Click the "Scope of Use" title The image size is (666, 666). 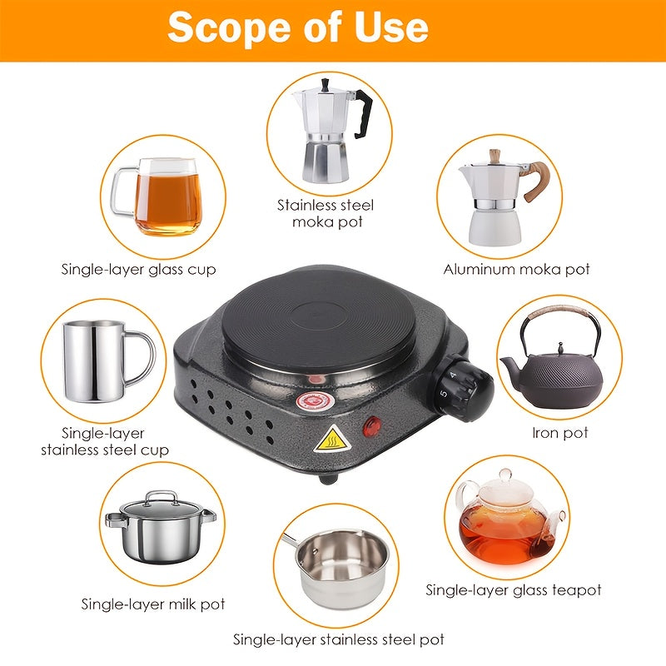298,27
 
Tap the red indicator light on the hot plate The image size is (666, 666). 371,426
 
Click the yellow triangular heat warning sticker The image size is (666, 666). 332,439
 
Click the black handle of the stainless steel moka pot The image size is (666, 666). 363,114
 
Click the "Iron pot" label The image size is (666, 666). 559,433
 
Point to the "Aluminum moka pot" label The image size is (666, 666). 516,269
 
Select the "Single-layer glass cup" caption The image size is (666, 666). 138,270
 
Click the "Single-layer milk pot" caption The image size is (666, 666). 153,604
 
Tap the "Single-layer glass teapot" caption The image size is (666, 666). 513,590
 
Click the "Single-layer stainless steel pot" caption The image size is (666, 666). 339,639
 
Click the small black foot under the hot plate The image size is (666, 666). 328,480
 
